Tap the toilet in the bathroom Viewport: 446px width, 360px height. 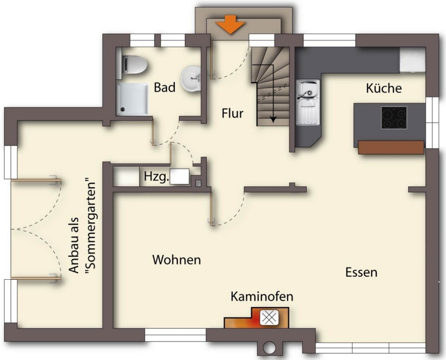(134, 65)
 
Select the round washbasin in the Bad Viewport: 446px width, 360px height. (191, 79)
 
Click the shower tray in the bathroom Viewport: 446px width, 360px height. (132, 99)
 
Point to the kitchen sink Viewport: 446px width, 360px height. (308, 103)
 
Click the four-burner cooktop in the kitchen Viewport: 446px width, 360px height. (394, 117)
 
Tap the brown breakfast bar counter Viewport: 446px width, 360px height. (391, 147)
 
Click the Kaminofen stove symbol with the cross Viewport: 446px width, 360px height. (269, 318)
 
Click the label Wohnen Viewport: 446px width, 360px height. (176, 259)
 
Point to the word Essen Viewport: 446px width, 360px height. (361, 272)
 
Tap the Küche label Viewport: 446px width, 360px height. (384, 88)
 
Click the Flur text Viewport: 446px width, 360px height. (232, 113)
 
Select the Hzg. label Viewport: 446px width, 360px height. (157, 176)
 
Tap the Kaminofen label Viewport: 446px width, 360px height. (262, 296)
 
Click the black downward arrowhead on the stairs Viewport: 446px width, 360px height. (273, 120)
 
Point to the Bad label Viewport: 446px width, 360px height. (165, 87)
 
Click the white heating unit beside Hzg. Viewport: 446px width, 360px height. (179, 176)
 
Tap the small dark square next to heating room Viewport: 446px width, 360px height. (198, 183)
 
